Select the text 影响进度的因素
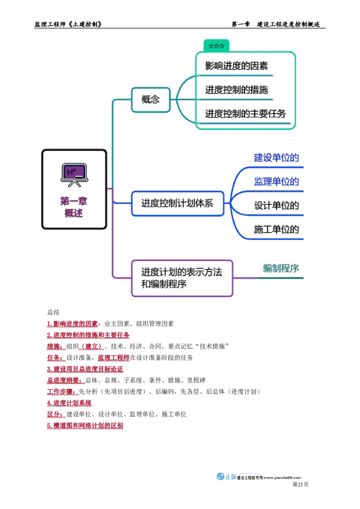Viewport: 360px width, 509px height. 237,67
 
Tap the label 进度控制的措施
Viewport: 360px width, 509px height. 237,90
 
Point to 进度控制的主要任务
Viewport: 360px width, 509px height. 246,114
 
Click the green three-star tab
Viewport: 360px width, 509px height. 216,46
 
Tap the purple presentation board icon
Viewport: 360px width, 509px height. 74,174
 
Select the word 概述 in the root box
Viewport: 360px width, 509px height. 74,214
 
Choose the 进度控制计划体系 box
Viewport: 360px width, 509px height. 177,204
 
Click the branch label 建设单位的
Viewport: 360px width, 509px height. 276,158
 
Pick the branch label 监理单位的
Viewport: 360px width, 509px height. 276,182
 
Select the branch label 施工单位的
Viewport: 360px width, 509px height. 276,229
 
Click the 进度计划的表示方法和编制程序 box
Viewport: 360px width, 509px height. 181,278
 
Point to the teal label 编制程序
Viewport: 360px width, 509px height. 281,269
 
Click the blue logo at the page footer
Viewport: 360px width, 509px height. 226,477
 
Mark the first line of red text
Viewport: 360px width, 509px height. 72,324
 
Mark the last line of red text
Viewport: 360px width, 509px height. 85,426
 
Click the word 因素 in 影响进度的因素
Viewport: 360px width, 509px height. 260,67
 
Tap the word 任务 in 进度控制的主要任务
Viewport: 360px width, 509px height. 278,114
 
